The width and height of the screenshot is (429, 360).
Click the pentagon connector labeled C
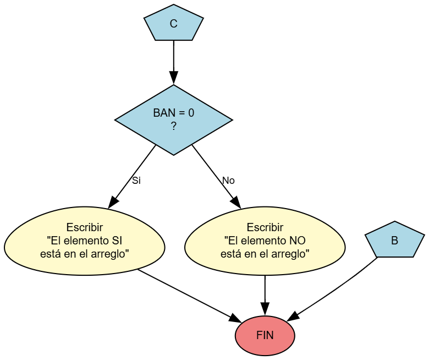pyautogui.click(x=174, y=24)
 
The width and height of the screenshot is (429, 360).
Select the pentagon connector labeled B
pyautogui.click(x=394, y=241)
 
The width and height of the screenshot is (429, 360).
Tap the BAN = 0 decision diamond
pyautogui.click(x=174, y=119)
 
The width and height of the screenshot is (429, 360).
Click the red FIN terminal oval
pyautogui.click(x=265, y=336)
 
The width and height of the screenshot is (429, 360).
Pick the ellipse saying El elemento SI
pyautogui.click(x=84, y=241)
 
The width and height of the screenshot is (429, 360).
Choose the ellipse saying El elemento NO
pyautogui.click(x=265, y=241)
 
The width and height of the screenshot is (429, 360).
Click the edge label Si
pyautogui.click(x=136, y=181)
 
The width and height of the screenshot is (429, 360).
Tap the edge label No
pyautogui.click(x=228, y=181)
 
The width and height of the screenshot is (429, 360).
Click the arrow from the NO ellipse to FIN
pyautogui.click(x=265, y=292)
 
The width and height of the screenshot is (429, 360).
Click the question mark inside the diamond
pyautogui.click(x=174, y=126)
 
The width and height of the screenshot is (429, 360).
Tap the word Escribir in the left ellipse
pyautogui.click(x=84, y=227)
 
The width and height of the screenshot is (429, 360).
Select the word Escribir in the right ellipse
pyautogui.click(x=265, y=227)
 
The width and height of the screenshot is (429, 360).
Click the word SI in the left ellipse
pyautogui.click(x=117, y=241)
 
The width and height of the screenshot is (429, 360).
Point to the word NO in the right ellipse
pyautogui.click(x=297, y=241)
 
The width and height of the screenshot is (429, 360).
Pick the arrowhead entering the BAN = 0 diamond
pyautogui.click(x=174, y=79)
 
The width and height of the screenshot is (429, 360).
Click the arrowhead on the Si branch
pyautogui.click(x=113, y=202)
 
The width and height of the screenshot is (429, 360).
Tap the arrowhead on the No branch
pyautogui.click(x=236, y=202)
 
